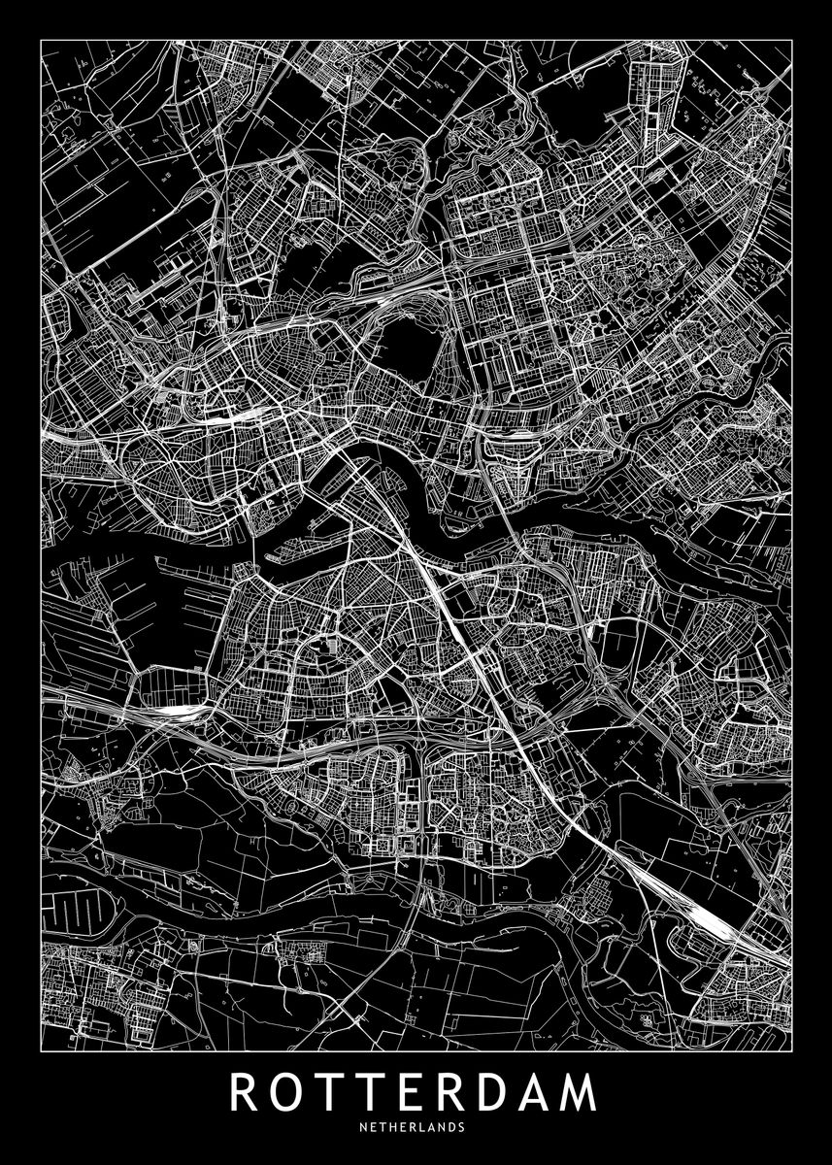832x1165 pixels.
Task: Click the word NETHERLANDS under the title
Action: (x=416, y=1128)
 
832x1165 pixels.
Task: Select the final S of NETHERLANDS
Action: (x=460, y=1128)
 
